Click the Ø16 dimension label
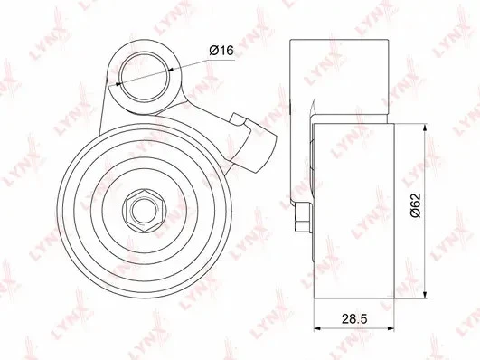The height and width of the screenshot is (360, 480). point(221,50)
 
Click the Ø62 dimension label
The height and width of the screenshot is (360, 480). point(416,205)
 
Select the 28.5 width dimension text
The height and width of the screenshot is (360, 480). point(354,319)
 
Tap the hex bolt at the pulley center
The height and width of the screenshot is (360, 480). point(145,210)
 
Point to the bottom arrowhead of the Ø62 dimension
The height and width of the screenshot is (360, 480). point(425,294)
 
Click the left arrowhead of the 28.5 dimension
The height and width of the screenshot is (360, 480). point(318,328)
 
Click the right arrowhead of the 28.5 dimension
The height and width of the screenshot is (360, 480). point(390,328)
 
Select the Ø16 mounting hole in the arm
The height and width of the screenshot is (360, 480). point(145,77)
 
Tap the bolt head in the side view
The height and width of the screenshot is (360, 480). point(303,217)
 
